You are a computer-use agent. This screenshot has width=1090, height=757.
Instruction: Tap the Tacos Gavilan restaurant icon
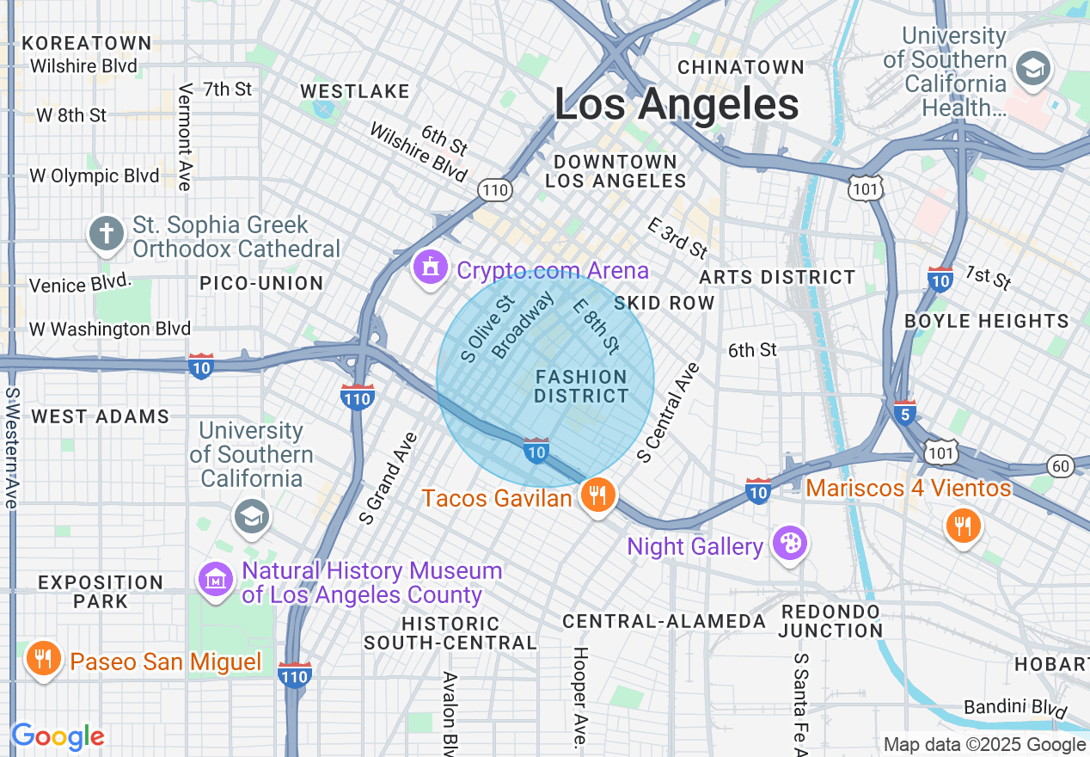596,495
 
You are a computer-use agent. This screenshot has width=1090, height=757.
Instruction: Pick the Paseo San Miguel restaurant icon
41,659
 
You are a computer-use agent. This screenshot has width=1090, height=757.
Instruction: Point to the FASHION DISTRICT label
581,386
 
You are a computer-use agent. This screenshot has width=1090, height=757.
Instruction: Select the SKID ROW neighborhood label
664,303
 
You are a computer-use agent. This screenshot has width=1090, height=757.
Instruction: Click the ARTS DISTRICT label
777,277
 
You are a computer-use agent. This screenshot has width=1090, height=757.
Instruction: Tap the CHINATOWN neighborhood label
741,67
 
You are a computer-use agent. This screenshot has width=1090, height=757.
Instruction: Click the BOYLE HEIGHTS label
986,321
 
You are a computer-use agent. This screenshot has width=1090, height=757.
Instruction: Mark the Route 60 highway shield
1061,466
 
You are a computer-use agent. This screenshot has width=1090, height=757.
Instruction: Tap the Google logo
58,736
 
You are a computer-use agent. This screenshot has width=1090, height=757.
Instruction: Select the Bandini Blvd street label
1015,709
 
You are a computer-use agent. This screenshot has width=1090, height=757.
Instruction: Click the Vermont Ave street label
184,137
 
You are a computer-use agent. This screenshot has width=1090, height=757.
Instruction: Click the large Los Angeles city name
677,105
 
